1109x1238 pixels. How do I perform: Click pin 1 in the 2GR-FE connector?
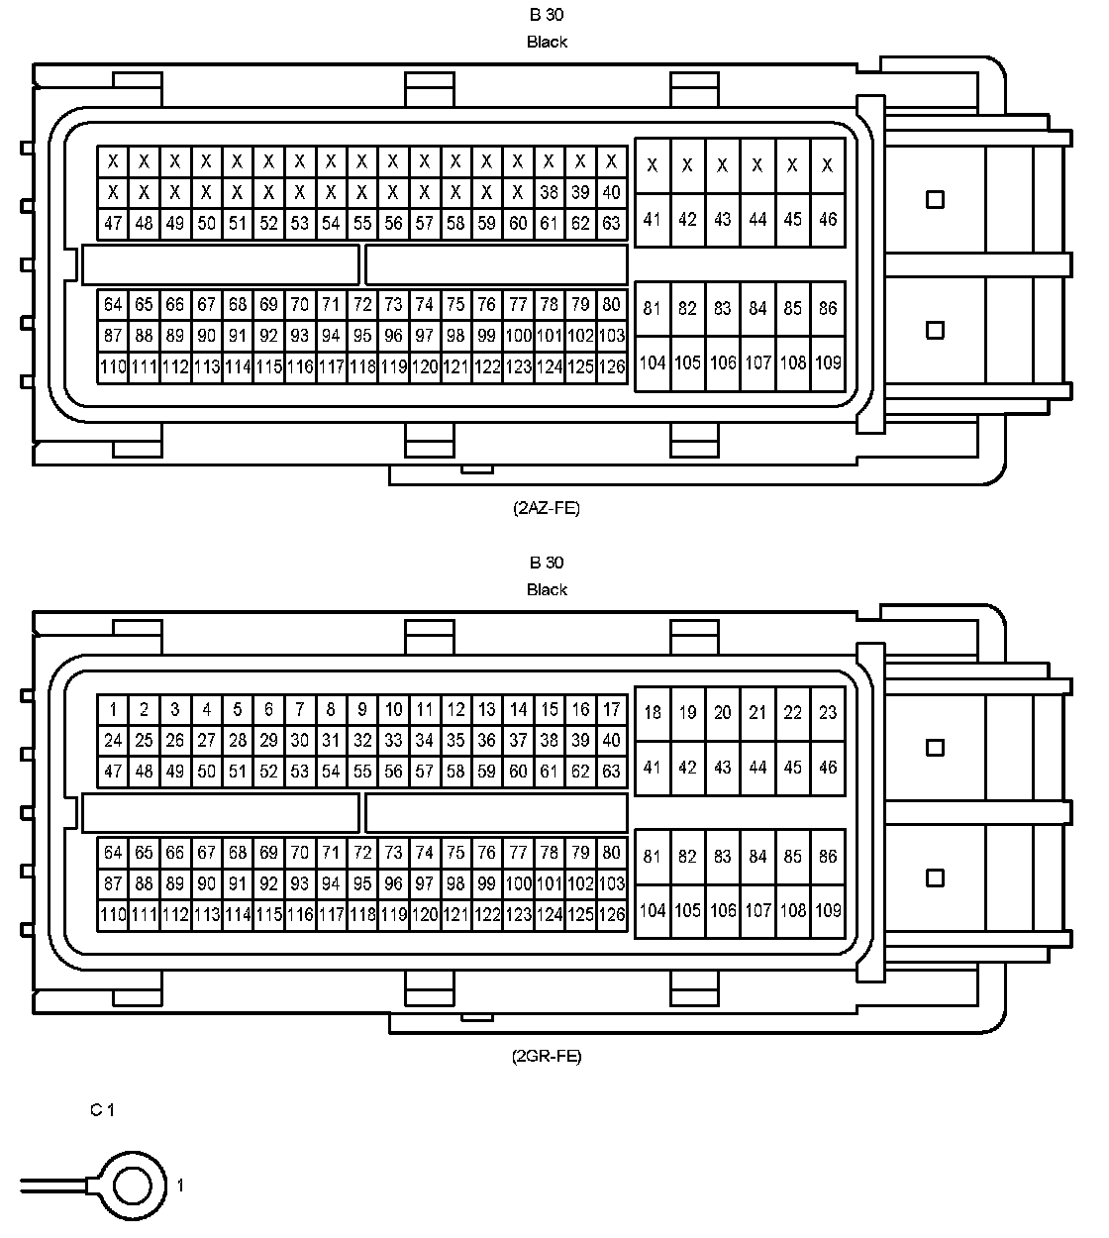113,709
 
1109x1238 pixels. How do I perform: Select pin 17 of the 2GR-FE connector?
612,709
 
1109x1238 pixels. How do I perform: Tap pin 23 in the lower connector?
828,712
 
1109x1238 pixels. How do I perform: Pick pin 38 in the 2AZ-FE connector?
550,192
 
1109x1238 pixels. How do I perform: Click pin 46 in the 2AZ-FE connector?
828,219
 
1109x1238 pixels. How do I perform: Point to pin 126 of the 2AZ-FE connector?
612,367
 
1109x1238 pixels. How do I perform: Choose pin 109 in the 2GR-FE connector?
828,910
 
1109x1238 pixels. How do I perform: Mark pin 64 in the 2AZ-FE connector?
113,304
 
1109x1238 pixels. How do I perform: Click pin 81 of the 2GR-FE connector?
652,857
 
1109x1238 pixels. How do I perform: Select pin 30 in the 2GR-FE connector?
299,740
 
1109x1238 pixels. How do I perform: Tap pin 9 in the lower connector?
362,709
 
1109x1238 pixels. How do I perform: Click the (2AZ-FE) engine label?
547,508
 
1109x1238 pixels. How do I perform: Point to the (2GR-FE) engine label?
547,1056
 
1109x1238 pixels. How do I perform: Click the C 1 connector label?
102,1110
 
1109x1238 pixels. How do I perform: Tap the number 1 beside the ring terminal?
180,1185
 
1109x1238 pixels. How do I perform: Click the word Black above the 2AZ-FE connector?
547,42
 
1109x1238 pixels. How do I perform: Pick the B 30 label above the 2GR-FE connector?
547,563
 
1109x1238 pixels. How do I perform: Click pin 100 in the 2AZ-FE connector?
518,336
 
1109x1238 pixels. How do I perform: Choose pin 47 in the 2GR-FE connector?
113,771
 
